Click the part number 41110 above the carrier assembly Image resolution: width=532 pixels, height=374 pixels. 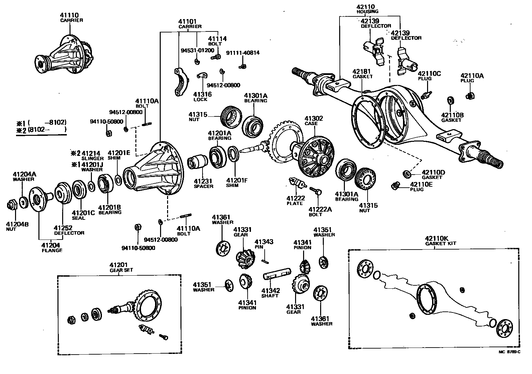tap(69, 15)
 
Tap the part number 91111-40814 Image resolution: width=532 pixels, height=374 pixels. tap(243, 53)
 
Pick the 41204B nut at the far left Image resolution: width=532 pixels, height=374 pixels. tap(12, 204)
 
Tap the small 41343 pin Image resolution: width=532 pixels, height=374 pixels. tap(265, 258)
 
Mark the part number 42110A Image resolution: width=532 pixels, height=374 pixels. tap(472, 76)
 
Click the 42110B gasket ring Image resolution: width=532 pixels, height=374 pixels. tap(450, 100)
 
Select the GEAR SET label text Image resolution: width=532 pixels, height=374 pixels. tap(121, 270)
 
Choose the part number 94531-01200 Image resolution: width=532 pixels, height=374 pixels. tap(197, 51)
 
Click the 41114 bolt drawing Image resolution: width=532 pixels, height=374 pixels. tap(216, 57)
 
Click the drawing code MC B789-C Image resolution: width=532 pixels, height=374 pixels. tap(509, 352)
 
